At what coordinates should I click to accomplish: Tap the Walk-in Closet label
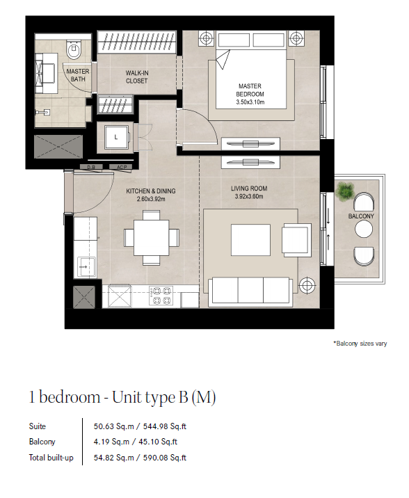coord(137,77)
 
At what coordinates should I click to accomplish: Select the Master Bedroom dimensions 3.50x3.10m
coord(250,102)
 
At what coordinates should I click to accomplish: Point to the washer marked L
coord(117,137)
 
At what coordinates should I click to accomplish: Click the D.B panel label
coord(91,167)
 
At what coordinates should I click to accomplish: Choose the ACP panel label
coord(122,167)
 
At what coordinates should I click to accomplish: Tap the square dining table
coord(151,237)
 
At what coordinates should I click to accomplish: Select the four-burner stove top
coord(161,296)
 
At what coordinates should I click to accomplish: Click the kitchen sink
coord(85,267)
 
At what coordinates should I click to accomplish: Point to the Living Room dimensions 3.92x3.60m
coord(249,197)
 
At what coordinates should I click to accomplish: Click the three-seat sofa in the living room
coord(250,291)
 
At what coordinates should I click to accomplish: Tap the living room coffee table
coord(250,240)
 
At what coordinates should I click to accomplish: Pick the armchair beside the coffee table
coord(296,240)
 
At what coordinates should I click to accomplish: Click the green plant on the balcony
coord(345,190)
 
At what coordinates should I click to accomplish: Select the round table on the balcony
coord(364,229)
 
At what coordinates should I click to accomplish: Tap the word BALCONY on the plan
coord(361,216)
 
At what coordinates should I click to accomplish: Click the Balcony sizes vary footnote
coord(360,344)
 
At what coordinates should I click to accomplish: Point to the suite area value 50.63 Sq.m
coord(113,426)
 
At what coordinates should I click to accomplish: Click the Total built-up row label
coord(51,458)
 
